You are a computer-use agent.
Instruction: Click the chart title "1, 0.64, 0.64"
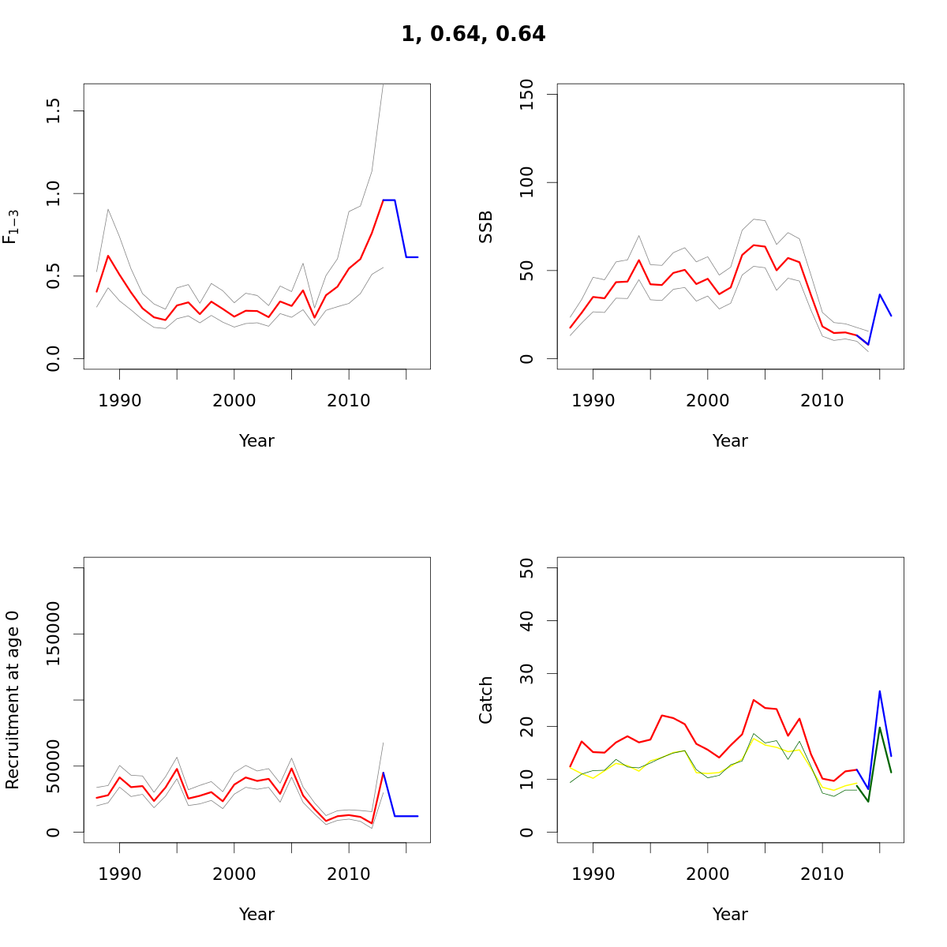[473, 34]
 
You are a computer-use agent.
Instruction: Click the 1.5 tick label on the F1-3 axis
[54, 110]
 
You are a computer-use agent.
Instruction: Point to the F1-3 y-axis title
[10, 226]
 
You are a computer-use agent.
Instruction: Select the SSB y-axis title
[486, 226]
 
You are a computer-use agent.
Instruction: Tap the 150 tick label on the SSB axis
[527, 95]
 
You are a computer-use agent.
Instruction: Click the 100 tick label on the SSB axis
[527, 182]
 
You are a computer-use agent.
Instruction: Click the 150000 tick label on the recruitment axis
[54, 634]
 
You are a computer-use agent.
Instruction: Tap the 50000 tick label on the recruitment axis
[54, 765]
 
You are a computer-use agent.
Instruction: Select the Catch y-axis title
[486, 700]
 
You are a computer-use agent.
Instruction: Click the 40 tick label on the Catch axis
[527, 621]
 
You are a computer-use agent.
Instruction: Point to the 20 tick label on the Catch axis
[527, 727]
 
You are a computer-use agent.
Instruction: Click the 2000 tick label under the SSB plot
[708, 401]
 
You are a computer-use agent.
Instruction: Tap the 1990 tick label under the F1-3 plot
[120, 401]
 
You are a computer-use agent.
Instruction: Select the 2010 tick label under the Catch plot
[822, 874]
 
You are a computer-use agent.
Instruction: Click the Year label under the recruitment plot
[256, 915]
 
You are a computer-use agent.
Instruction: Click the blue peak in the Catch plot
[880, 691]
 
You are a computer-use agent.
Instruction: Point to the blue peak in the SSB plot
[880, 294]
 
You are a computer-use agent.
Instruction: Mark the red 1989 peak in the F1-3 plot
[108, 255]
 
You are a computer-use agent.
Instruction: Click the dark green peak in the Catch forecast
[880, 728]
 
